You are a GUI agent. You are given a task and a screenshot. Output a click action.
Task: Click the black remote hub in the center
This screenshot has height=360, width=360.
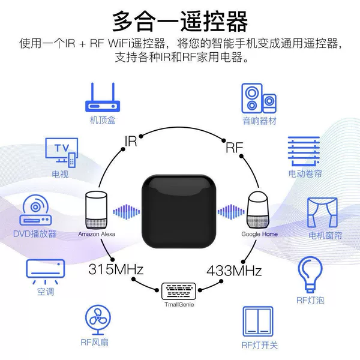179,211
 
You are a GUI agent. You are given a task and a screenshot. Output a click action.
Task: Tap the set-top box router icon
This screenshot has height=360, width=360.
103,97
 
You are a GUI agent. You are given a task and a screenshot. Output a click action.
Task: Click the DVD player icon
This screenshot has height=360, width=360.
35,210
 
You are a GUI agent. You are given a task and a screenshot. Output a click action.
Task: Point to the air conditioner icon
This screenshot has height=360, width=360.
46,272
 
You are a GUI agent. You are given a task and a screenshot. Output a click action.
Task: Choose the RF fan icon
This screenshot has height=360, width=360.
98,320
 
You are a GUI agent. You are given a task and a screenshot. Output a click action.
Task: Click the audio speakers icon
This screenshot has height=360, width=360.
259,98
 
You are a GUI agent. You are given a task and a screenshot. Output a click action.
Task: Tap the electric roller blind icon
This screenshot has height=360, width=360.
304,151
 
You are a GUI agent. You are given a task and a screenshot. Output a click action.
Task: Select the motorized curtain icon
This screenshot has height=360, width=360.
322,212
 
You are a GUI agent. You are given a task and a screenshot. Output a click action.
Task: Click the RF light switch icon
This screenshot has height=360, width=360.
258,322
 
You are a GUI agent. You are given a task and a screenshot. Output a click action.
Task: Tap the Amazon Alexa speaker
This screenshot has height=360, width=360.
97,210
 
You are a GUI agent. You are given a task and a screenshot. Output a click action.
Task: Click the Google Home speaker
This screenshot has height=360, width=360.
258,209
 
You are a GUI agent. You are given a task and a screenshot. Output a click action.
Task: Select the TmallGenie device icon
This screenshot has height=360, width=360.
179,291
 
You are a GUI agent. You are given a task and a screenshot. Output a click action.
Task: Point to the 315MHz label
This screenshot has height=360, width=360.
116,269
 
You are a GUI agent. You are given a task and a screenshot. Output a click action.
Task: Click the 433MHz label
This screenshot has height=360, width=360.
234,271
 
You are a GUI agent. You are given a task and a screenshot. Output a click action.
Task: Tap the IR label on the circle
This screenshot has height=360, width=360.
131,141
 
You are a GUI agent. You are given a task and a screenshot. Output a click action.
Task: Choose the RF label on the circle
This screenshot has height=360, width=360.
235,148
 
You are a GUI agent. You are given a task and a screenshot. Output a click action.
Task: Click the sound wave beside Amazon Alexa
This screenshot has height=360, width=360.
126,212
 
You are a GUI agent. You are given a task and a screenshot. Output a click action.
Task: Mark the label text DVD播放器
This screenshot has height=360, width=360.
35,234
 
